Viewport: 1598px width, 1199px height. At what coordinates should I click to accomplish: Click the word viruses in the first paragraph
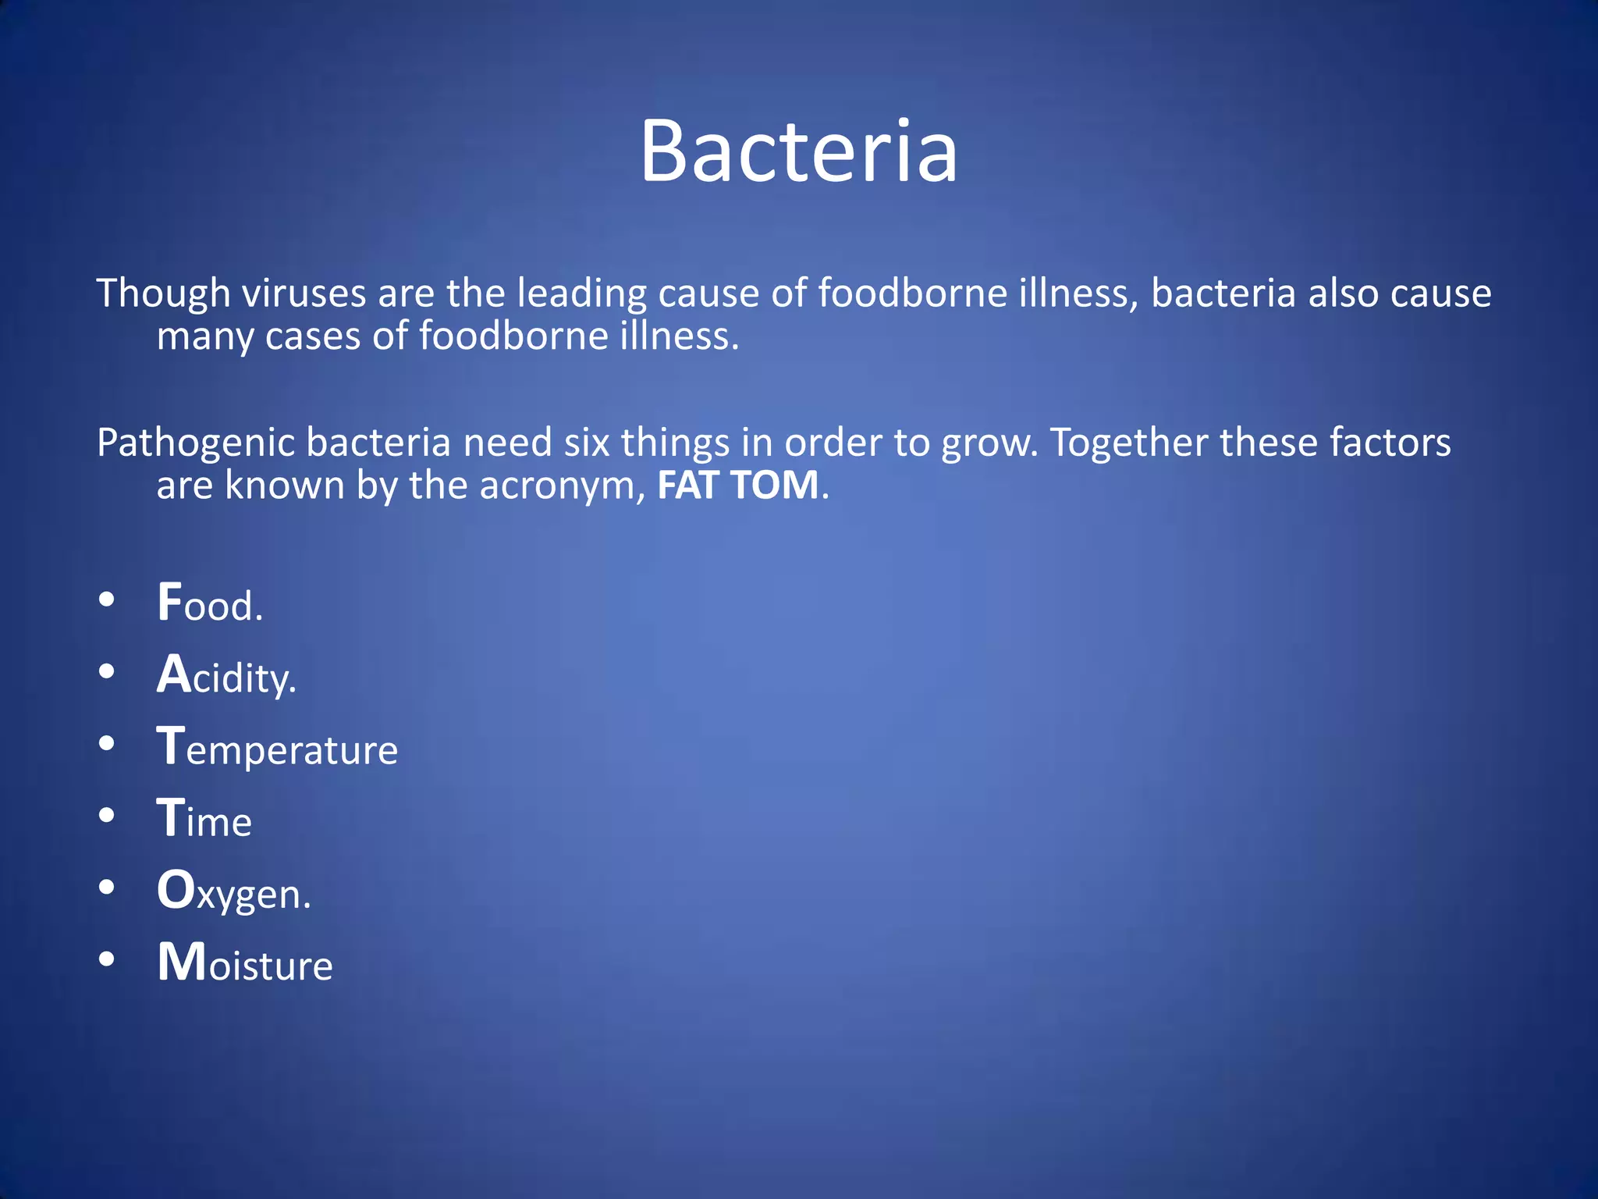[304, 294]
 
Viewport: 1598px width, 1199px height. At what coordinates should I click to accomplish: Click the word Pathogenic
[196, 443]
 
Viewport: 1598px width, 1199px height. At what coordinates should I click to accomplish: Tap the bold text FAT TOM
[737, 486]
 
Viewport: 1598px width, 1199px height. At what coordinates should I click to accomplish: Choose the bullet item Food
[210, 603]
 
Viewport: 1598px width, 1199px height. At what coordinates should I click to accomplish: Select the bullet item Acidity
[226, 675]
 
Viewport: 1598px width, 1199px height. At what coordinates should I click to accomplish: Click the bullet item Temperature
[277, 747]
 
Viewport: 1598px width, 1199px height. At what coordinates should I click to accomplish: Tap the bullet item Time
[204, 819]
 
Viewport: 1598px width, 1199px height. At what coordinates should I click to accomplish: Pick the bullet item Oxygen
[233, 891]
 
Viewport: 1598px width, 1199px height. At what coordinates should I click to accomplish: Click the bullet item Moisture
[245, 963]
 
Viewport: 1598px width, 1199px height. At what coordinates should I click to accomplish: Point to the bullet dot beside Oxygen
[107, 888]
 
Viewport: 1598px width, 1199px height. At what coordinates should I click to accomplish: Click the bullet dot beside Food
[107, 599]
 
